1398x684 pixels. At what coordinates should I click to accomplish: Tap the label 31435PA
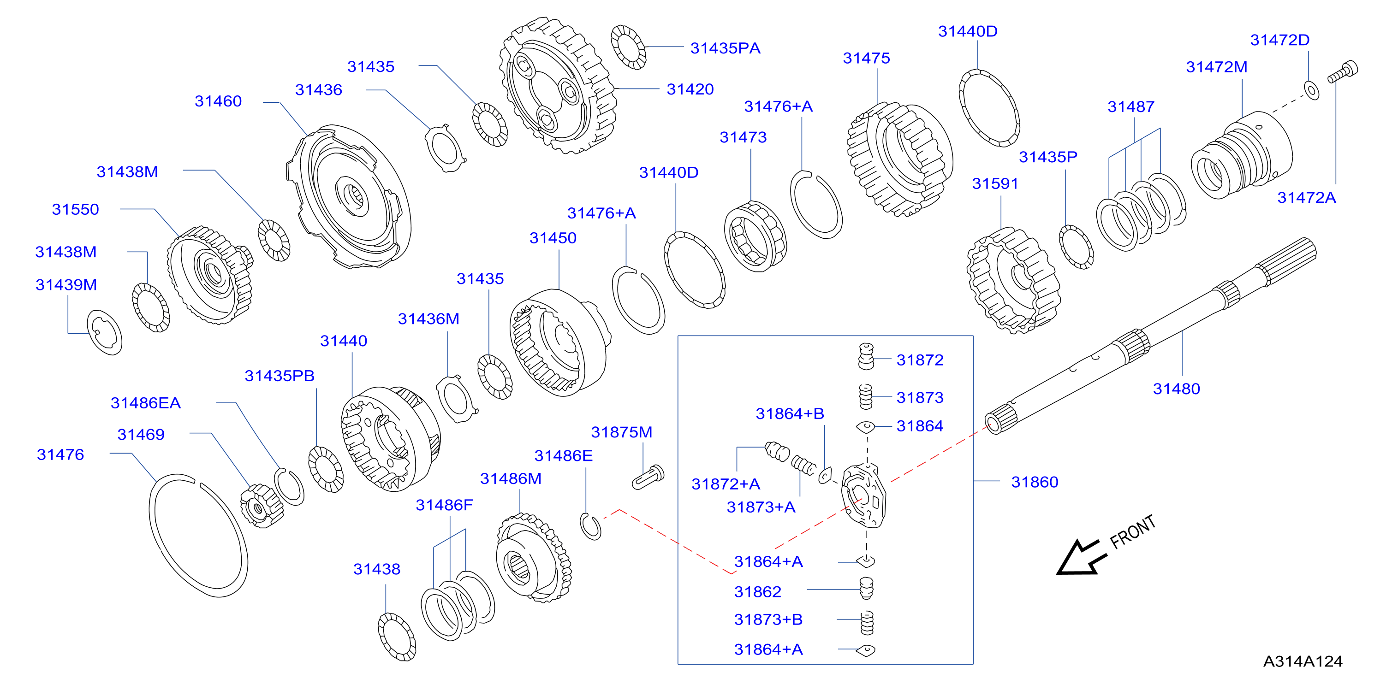pos(725,48)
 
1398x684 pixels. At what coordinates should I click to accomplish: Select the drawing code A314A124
pos(1303,661)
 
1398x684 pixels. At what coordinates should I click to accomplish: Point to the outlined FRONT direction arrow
pos(1081,557)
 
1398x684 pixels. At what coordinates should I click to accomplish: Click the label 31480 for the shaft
pos(1176,389)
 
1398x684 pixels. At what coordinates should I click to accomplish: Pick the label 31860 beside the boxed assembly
pos(1035,482)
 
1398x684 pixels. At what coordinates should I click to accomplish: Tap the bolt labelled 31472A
pos(1343,72)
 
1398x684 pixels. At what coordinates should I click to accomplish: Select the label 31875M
pos(621,432)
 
